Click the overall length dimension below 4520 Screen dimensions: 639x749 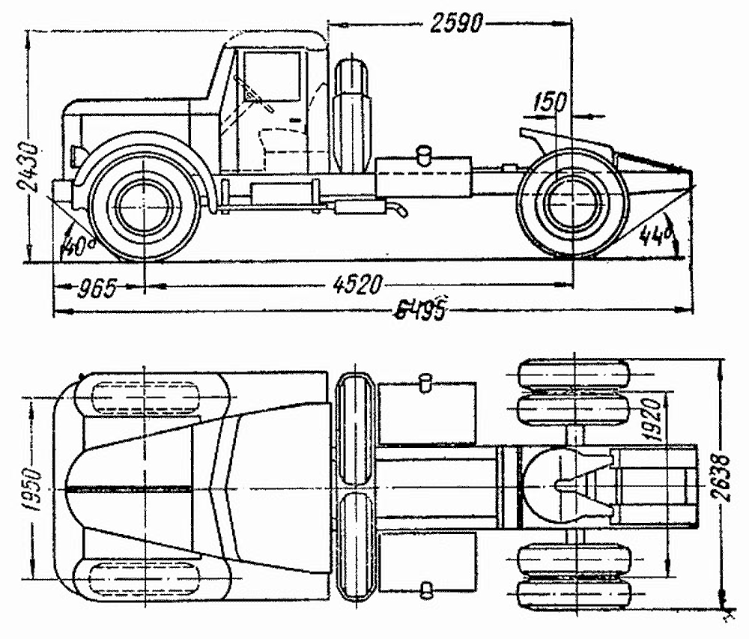pos(421,310)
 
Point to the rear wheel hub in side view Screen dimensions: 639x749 pos(571,203)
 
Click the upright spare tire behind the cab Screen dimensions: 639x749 pos(351,113)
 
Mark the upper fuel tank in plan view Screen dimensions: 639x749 pos(427,411)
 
